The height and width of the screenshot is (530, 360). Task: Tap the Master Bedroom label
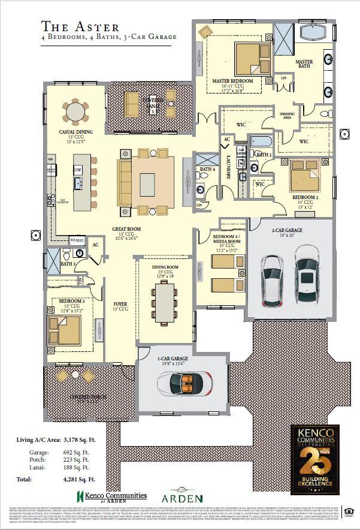pyautogui.click(x=232, y=80)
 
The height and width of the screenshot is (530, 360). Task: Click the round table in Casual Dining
pyautogui.click(x=75, y=111)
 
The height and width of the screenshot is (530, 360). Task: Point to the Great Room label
pyautogui.click(x=126, y=229)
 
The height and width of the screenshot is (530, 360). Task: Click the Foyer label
pyautogui.click(x=120, y=304)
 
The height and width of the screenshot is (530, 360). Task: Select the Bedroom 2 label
pyautogui.click(x=304, y=197)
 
